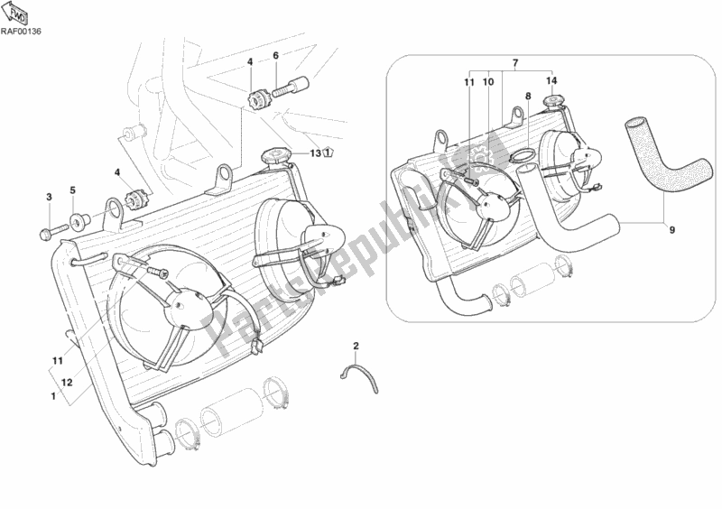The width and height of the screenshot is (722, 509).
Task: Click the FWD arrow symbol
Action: pyautogui.click(x=17, y=13)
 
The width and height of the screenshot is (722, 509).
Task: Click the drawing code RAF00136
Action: pyautogui.click(x=21, y=32)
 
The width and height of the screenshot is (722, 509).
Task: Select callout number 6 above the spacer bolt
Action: pyautogui.click(x=276, y=56)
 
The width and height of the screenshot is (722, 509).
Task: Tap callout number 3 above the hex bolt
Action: pyautogui.click(x=49, y=197)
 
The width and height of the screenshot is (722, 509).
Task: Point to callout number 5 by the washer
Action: pyautogui.click(x=73, y=190)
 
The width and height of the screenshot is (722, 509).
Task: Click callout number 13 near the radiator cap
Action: pyautogui.click(x=315, y=153)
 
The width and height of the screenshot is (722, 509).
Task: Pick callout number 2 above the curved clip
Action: pyautogui.click(x=356, y=345)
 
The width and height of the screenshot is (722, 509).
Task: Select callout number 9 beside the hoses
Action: pyautogui.click(x=671, y=229)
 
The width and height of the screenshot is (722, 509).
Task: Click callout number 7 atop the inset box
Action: pyautogui.click(x=515, y=62)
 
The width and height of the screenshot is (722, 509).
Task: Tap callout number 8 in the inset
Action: pyautogui.click(x=528, y=97)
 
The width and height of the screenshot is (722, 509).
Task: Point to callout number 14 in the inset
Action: pyautogui.click(x=551, y=81)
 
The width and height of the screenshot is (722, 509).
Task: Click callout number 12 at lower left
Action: pyautogui.click(x=67, y=383)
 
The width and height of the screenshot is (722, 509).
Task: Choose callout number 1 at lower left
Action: pyautogui.click(x=53, y=395)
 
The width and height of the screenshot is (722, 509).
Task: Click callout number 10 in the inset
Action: pyautogui.click(x=488, y=82)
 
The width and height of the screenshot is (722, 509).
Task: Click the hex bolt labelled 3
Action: pyautogui.click(x=54, y=231)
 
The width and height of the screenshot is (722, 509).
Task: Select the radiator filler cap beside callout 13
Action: pyautogui.click(x=274, y=156)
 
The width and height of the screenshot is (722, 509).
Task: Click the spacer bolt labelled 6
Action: pyautogui.click(x=291, y=87)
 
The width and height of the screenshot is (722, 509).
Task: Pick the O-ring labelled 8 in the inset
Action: pyautogui.click(x=522, y=157)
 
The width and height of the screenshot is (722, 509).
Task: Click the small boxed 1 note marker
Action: pyautogui.click(x=327, y=152)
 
